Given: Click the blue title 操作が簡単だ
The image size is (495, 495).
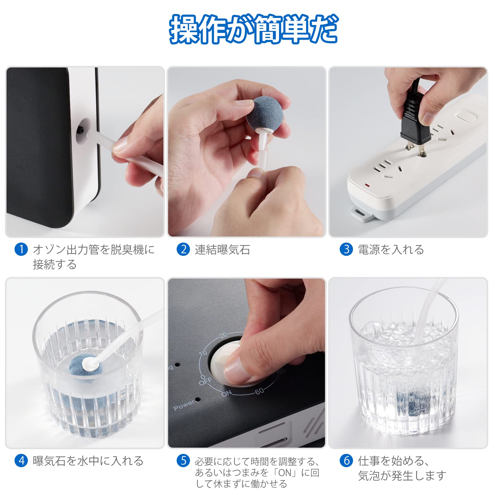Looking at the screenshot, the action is click(x=254, y=29).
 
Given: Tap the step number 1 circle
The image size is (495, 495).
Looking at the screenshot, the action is click(x=21, y=249).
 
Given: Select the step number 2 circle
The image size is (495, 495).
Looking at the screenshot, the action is click(x=183, y=249).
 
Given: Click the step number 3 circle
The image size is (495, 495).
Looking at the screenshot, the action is click(x=346, y=249).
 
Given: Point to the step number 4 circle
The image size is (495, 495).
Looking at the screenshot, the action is click(x=21, y=461).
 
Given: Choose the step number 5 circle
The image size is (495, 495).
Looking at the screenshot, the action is click(x=183, y=461).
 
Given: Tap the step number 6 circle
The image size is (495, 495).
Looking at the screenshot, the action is click(x=346, y=461).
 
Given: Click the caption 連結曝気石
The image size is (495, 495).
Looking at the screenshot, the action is click(x=222, y=250).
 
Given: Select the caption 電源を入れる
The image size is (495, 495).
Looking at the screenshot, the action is click(x=391, y=250).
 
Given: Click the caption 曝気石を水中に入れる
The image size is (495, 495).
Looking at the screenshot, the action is click(x=88, y=461).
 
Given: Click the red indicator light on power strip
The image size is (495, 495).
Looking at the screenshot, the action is click(x=367, y=186).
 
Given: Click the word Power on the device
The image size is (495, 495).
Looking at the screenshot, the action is click(x=184, y=405).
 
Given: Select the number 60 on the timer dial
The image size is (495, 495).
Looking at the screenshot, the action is click(x=260, y=391).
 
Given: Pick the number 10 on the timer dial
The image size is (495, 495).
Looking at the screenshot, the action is click(x=203, y=353).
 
